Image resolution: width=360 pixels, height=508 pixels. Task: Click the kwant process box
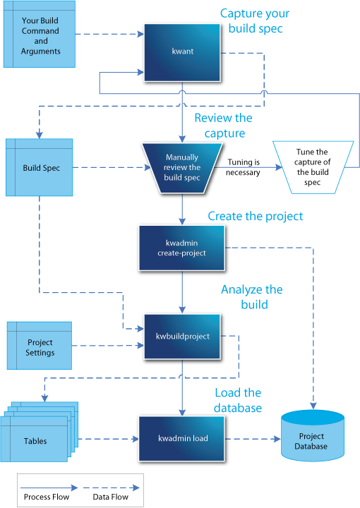[x=182, y=51]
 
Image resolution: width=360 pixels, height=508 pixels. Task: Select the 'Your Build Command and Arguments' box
[x=40, y=35]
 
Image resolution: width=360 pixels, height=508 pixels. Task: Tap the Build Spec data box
[x=40, y=168]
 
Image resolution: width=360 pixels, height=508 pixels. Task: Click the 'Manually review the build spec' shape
[x=183, y=168]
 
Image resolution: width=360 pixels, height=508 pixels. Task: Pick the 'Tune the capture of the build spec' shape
[x=311, y=167]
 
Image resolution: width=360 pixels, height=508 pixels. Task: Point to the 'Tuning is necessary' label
[x=244, y=167]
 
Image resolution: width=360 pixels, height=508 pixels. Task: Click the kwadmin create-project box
[x=182, y=248]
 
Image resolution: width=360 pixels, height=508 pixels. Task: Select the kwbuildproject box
[x=182, y=336]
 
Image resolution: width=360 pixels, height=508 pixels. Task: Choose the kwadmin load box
[x=182, y=438]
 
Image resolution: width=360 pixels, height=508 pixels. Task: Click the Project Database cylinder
[x=311, y=440]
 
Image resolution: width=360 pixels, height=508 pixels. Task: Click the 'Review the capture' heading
[x=223, y=125]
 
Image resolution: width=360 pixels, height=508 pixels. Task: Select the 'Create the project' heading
[x=255, y=216]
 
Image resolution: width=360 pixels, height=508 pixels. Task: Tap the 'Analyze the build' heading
[x=251, y=297]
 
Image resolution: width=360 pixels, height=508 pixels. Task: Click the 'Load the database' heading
[x=238, y=400]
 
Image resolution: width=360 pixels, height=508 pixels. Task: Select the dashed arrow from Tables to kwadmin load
[x=106, y=439]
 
